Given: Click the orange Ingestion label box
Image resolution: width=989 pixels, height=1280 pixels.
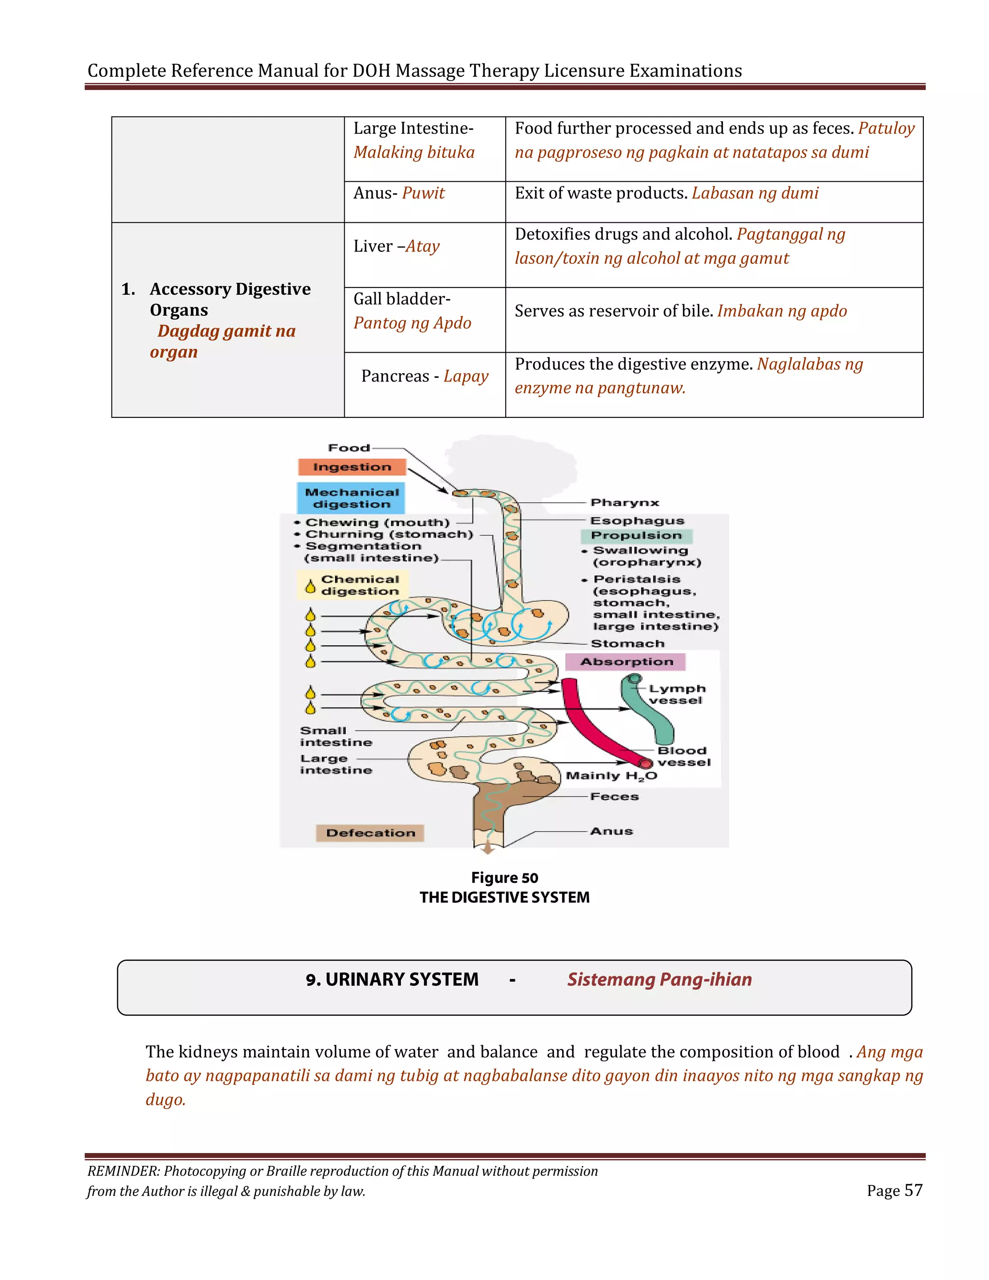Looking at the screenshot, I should pyautogui.click(x=352, y=467).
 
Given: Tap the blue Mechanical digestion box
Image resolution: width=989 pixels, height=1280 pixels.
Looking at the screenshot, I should pyautogui.click(x=351, y=498).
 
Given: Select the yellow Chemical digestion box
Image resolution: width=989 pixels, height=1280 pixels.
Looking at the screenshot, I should pyautogui.click(x=353, y=585).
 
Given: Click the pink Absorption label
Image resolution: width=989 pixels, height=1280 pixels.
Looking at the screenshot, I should pyautogui.click(x=625, y=662).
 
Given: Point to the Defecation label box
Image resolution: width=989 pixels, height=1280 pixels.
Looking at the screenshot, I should pyautogui.click(x=370, y=833).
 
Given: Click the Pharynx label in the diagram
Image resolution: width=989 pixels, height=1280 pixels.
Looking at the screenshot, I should pyautogui.click(x=624, y=502).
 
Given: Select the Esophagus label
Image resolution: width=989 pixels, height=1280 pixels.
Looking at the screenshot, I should pyautogui.click(x=637, y=520).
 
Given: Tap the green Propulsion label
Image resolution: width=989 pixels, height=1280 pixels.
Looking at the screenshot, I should pyautogui.click(x=636, y=536).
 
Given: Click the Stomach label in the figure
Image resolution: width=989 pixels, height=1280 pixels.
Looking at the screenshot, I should pyautogui.click(x=627, y=643).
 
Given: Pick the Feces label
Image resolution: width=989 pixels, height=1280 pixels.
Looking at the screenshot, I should pyautogui.click(x=614, y=796).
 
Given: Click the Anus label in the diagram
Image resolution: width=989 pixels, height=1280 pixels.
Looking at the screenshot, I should pyautogui.click(x=611, y=831).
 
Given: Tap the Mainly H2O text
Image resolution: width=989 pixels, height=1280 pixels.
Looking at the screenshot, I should pyautogui.click(x=611, y=776).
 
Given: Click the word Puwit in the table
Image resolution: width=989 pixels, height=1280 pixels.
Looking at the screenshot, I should pyautogui.click(x=423, y=193).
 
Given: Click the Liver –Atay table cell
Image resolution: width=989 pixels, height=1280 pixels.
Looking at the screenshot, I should pyautogui.click(x=396, y=246).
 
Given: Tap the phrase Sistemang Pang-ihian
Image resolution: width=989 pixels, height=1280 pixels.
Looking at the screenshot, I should pyautogui.click(x=659, y=980).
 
